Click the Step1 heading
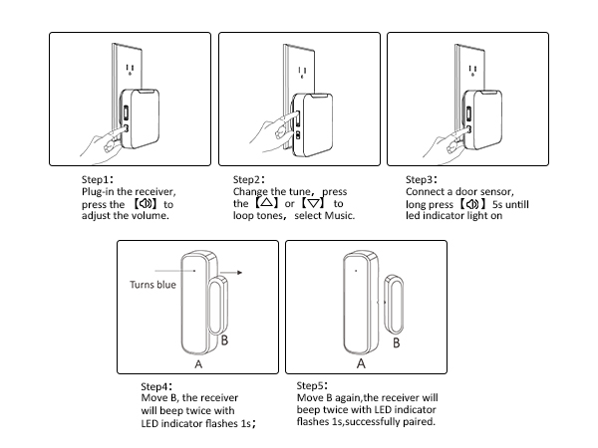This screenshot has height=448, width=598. pyautogui.click(x=98, y=180)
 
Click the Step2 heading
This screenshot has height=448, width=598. pyautogui.click(x=249, y=180)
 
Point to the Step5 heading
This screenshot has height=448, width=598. pyautogui.click(x=315, y=384)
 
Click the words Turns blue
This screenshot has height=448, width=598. pyautogui.click(x=152, y=283)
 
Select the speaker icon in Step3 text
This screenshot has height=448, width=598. pyautogui.click(x=472, y=203)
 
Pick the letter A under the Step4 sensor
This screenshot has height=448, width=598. pyautogui.click(x=198, y=365)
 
